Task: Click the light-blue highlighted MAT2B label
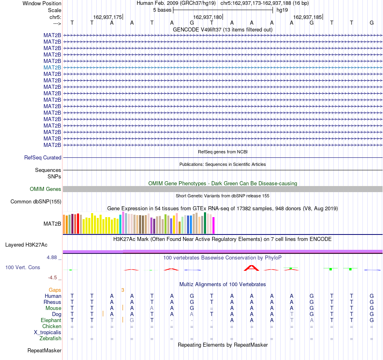(x=52, y=67)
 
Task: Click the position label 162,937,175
(x=108, y=17)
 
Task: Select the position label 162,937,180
(x=207, y=17)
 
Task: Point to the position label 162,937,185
(x=307, y=17)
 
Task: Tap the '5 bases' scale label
(x=162, y=10)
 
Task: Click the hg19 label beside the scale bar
(x=282, y=10)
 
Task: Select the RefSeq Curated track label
(x=43, y=157)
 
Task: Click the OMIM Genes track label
(x=46, y=189)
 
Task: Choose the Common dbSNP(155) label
(x=36, y=201)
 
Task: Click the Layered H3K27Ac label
(x=26, y=245)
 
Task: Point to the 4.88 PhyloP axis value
(x=52, y=257)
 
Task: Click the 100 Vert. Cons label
(x=23, y=267)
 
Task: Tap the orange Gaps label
(x=55, y=290)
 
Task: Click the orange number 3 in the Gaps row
(x=123, y=290)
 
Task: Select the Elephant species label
(x=51, y=320)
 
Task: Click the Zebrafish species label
(x=50, y=338)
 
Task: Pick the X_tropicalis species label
(x=48, y=333)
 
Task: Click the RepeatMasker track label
(x=44, y=350)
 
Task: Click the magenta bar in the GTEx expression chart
(x=213, y=226)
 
